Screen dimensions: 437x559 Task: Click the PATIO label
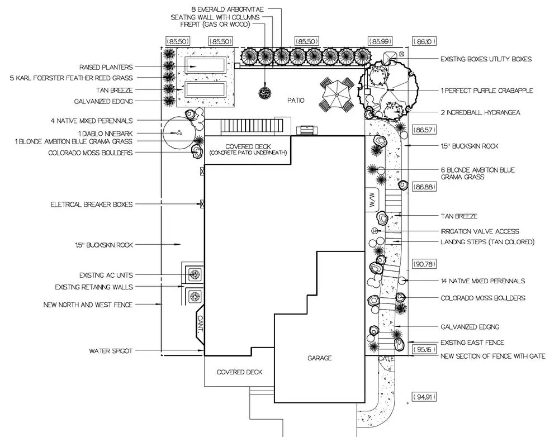tap(296, 101)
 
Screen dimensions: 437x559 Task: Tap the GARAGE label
tap(319, 358)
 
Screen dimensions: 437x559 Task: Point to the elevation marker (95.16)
tap(423, 350)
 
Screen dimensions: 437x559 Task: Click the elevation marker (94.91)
tap(424, 397)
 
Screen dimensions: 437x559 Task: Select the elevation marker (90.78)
tap(423, 263)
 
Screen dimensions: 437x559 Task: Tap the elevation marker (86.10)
tap(423, 41)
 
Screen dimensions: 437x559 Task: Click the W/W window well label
tap(372, 201)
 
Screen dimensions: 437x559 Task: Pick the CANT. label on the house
tap(201, 324)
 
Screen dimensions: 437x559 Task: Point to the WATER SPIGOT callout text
tap(111, 351)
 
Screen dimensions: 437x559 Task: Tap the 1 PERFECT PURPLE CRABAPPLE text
tap(486, 91)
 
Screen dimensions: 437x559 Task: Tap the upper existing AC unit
tap(195, 274)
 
